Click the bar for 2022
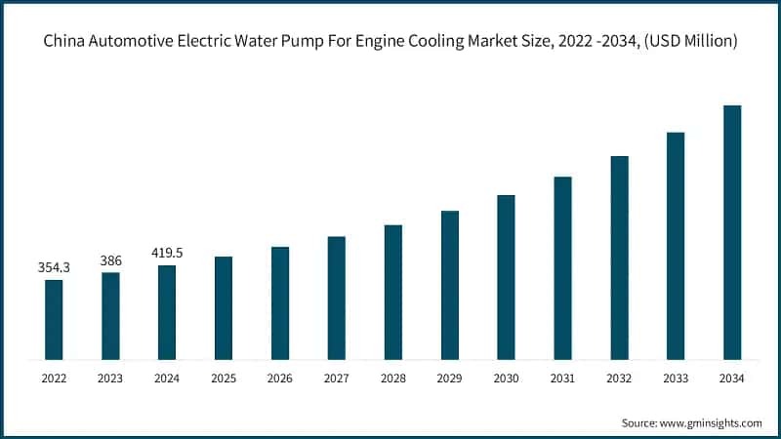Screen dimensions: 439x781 pos(54,319)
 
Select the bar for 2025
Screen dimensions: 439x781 pos(224,307)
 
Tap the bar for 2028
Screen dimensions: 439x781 pos(393,292)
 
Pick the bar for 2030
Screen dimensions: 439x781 pos(506,277)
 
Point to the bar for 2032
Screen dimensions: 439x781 pos(619,258)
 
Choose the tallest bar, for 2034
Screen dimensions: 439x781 pos(732,232)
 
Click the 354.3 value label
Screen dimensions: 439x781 pos(54,267)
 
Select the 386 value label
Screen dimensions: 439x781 pos(110,260)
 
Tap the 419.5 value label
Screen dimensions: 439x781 pos(167,253)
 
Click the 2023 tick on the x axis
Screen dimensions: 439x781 pos(110,378)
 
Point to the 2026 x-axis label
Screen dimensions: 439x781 pos(280,378)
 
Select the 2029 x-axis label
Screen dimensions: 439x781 pos(449,378)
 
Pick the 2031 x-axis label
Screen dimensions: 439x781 pos(562,378)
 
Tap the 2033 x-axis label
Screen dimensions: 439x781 pos(676,378)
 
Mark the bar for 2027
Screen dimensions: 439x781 pos(337,298)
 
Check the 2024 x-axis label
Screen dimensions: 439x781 pos(167,378)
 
